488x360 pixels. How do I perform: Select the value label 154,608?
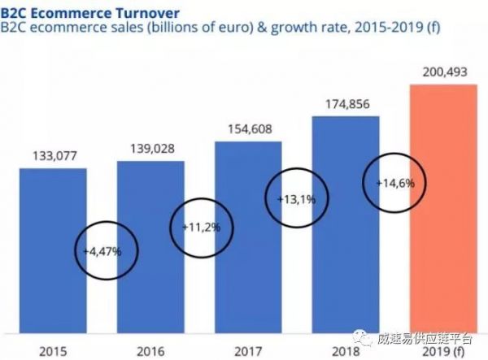pyautogui.click(x=247, y=128)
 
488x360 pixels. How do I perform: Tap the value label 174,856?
pyautogui.click(x=345, y=104)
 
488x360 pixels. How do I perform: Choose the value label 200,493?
pyautogui.click(x=442, y=73)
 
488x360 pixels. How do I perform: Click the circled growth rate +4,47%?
pyautogui.click(x=102, y=252)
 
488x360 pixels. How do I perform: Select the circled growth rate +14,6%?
pyautogui.click(x=395, y=184)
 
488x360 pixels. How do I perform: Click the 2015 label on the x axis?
pyautogui.click(x=52, y=350)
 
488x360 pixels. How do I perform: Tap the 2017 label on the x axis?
pyautogui.click(x=247, y=350)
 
